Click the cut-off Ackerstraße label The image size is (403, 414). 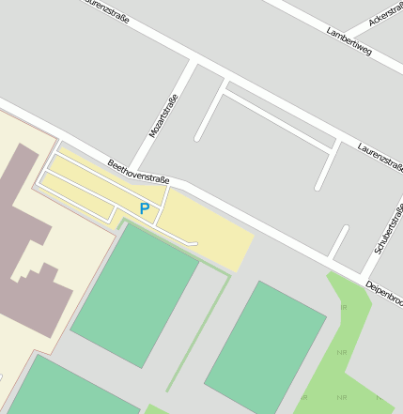[386, 13]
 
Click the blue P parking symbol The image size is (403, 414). [144, 208]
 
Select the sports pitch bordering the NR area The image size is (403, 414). [266, 347]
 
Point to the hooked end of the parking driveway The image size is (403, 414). [195, 243]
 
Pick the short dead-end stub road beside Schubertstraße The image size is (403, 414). [339, 241]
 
